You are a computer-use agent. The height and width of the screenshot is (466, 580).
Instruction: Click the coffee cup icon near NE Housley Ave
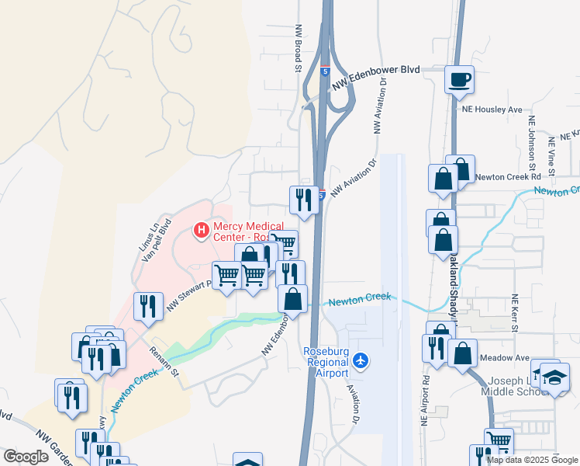point(459,79)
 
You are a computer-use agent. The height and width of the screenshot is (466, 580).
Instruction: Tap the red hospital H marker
point(202,230)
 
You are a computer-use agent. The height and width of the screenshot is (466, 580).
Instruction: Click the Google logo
point(26,456)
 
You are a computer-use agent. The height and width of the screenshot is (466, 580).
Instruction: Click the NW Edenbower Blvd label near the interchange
point(376,75)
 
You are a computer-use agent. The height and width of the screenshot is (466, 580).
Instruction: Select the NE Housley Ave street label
point(492,110)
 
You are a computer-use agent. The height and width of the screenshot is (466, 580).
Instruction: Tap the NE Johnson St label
point(532,144)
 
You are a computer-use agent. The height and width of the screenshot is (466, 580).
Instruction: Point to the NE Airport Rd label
point(425,399)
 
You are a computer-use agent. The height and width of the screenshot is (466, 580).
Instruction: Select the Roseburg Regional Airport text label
point(329,360)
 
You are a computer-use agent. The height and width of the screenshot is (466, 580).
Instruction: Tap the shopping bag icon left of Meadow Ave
point(462,353)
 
